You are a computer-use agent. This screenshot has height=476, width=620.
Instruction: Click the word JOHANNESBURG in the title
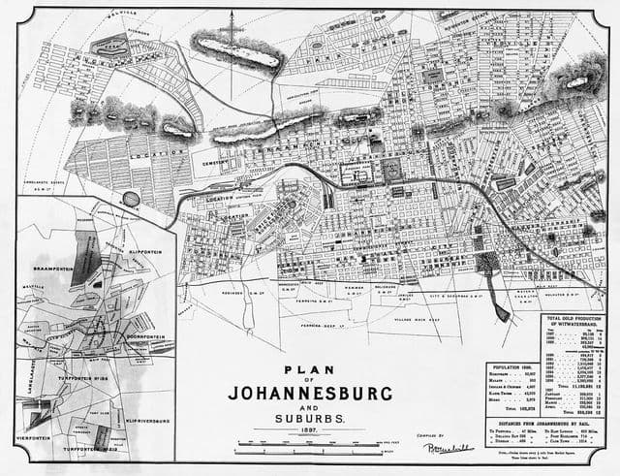tap(312, 394)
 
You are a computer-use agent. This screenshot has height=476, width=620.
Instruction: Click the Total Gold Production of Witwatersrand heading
tap(574, 322)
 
